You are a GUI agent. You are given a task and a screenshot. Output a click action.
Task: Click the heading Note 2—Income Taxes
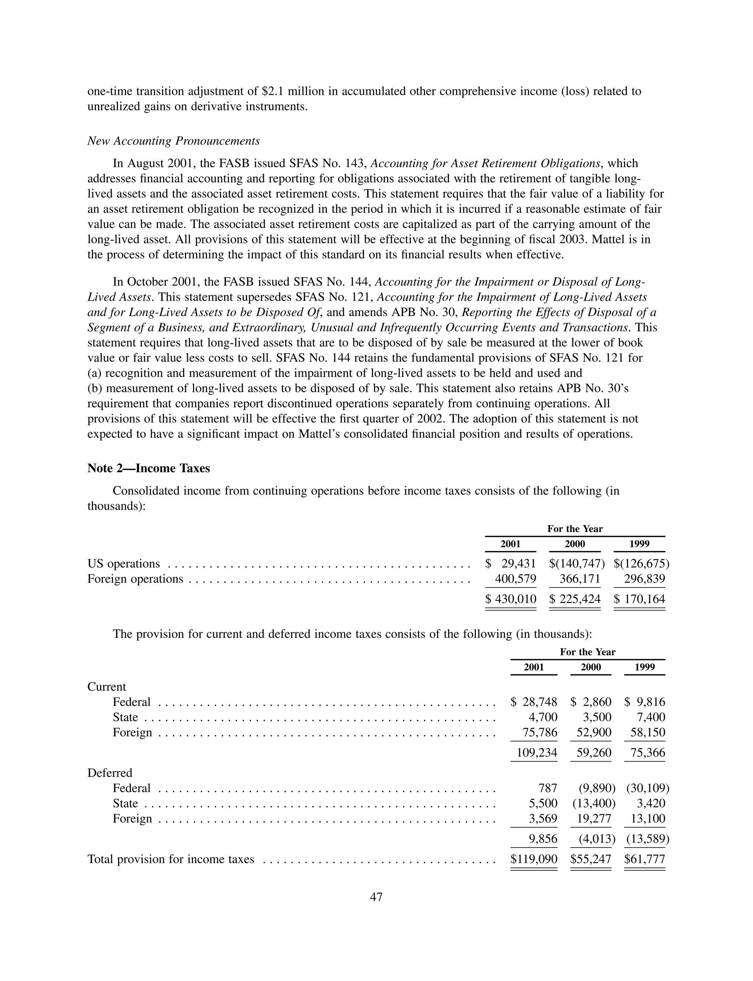coord(149,468)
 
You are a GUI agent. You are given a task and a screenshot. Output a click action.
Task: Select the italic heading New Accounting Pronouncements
coord(174,141)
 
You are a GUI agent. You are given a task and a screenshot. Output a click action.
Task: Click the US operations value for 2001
coord(511,563)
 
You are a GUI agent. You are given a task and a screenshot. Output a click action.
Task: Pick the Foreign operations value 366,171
coord(579,579)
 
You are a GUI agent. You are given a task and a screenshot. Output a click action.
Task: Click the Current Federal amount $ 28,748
coord(534,702)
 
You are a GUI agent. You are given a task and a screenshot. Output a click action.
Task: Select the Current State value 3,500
coord(597,717)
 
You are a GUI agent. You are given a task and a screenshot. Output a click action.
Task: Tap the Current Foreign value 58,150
coord(648,733)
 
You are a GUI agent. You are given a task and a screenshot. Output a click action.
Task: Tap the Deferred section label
coord(110,773)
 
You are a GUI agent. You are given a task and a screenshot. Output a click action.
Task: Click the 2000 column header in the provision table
coord(591,667)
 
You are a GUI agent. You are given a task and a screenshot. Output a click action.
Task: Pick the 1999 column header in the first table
coord(640,544)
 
